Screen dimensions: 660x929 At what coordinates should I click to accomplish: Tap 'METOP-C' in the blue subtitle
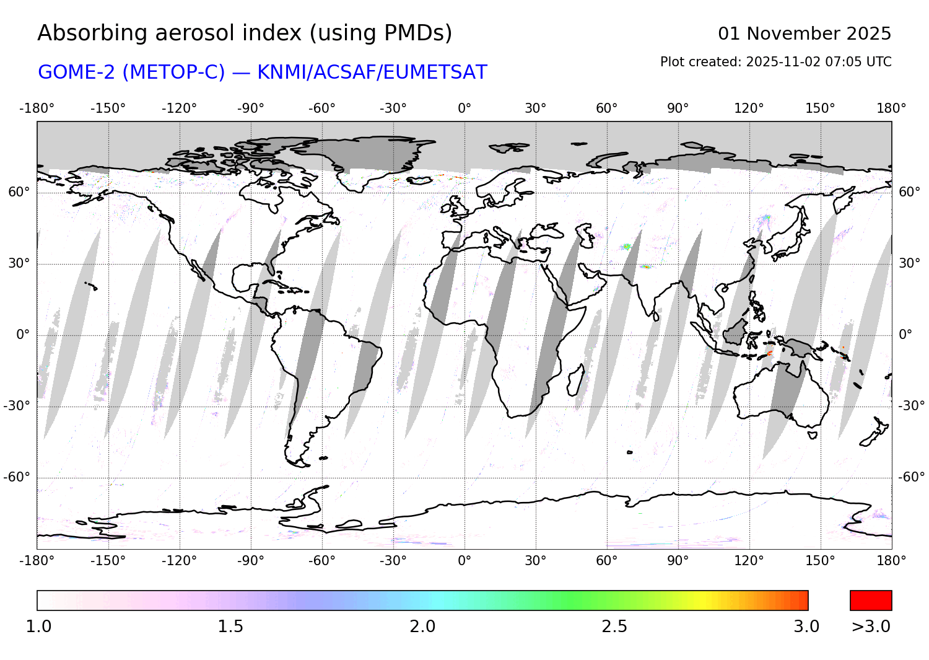tap(173, 73)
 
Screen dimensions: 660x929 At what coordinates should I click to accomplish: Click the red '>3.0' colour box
tap(871, 601)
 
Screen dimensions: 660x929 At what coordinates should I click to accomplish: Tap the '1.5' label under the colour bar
tap(230, 627)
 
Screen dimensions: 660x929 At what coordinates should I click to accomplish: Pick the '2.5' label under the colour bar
tap(614, 627)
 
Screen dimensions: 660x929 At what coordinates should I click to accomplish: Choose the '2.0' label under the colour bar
tap(422, 627)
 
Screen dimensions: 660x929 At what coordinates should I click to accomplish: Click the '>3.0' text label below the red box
tap(871, 627)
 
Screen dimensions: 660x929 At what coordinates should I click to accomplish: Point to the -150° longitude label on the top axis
tap(108, 108)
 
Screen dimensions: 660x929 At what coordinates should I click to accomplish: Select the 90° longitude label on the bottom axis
tap(678, 561)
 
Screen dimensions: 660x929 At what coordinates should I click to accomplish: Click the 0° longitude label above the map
tap(464, 108)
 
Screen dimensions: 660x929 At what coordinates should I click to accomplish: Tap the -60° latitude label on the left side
tap(17, 477)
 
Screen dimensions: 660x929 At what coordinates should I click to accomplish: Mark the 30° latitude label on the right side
tap(909, 263)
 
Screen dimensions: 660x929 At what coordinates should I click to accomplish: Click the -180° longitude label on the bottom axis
tap(37, 561)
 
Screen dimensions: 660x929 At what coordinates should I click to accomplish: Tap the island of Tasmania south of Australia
tap(813, 435)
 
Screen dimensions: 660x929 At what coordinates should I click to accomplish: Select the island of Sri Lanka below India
tap(656, 316)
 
